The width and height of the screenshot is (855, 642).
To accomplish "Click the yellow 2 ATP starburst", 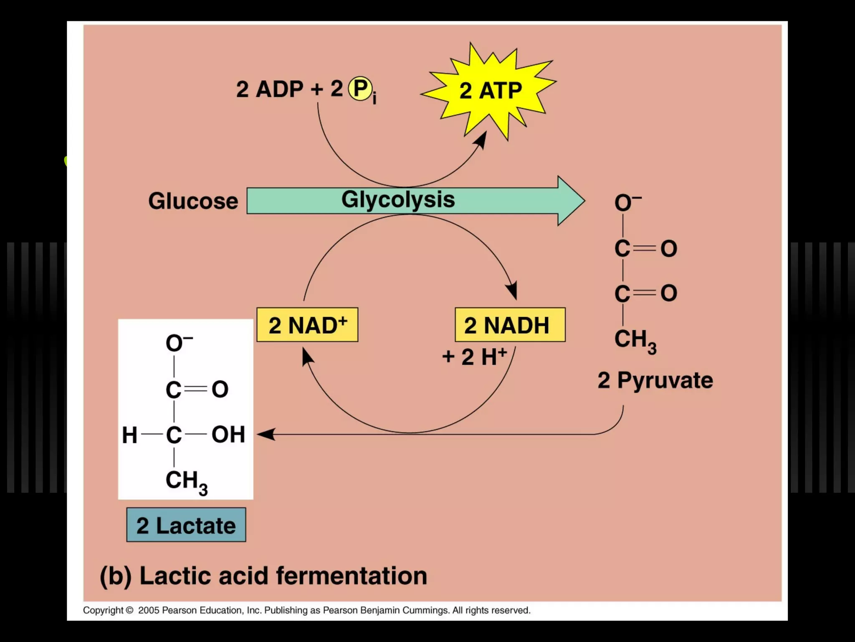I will click(490, 91).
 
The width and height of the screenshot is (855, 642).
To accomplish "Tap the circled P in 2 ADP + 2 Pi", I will click(360, 88).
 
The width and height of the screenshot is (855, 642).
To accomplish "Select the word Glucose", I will click(193, 201).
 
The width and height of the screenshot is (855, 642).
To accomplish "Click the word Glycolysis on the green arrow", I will click(398, 199).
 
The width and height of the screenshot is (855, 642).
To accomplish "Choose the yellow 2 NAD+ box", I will click(307, 325).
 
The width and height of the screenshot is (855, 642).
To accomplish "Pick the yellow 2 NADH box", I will click(510, 325).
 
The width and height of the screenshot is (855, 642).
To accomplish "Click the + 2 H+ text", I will click(475, 357).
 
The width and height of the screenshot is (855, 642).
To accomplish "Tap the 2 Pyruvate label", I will click(655, 380).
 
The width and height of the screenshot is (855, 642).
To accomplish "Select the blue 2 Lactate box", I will click(186, 525).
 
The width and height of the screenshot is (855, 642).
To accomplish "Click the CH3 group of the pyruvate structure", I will click(635, 340).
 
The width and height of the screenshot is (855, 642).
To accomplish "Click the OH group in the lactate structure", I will click(228, 434).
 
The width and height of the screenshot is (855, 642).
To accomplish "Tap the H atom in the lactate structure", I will click(129, 435).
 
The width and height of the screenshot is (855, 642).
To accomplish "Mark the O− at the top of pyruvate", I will click(627, 203).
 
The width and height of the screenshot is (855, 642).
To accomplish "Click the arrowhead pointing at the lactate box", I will click(266, 434).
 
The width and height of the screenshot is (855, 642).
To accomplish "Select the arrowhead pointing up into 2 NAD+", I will click(307, 357).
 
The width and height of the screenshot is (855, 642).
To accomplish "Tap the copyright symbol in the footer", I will click(129, 610).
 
